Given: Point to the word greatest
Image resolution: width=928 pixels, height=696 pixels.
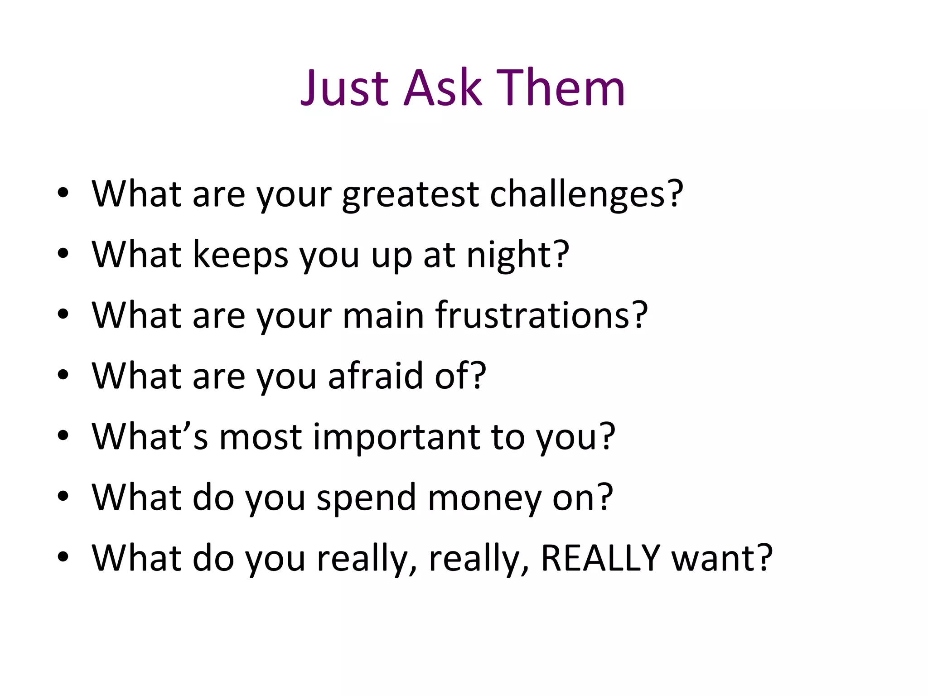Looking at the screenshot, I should tap(410, 195).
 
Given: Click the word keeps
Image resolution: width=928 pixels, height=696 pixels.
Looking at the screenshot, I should tap(240, 255).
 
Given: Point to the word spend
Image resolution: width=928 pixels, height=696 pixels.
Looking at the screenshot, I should tap(366, 498).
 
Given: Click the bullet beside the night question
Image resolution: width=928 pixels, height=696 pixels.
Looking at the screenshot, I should tap(63, 254).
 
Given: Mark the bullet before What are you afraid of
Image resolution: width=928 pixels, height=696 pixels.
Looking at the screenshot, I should tap(63, 375).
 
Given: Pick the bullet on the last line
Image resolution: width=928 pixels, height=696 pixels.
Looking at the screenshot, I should tap(63, 557).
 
